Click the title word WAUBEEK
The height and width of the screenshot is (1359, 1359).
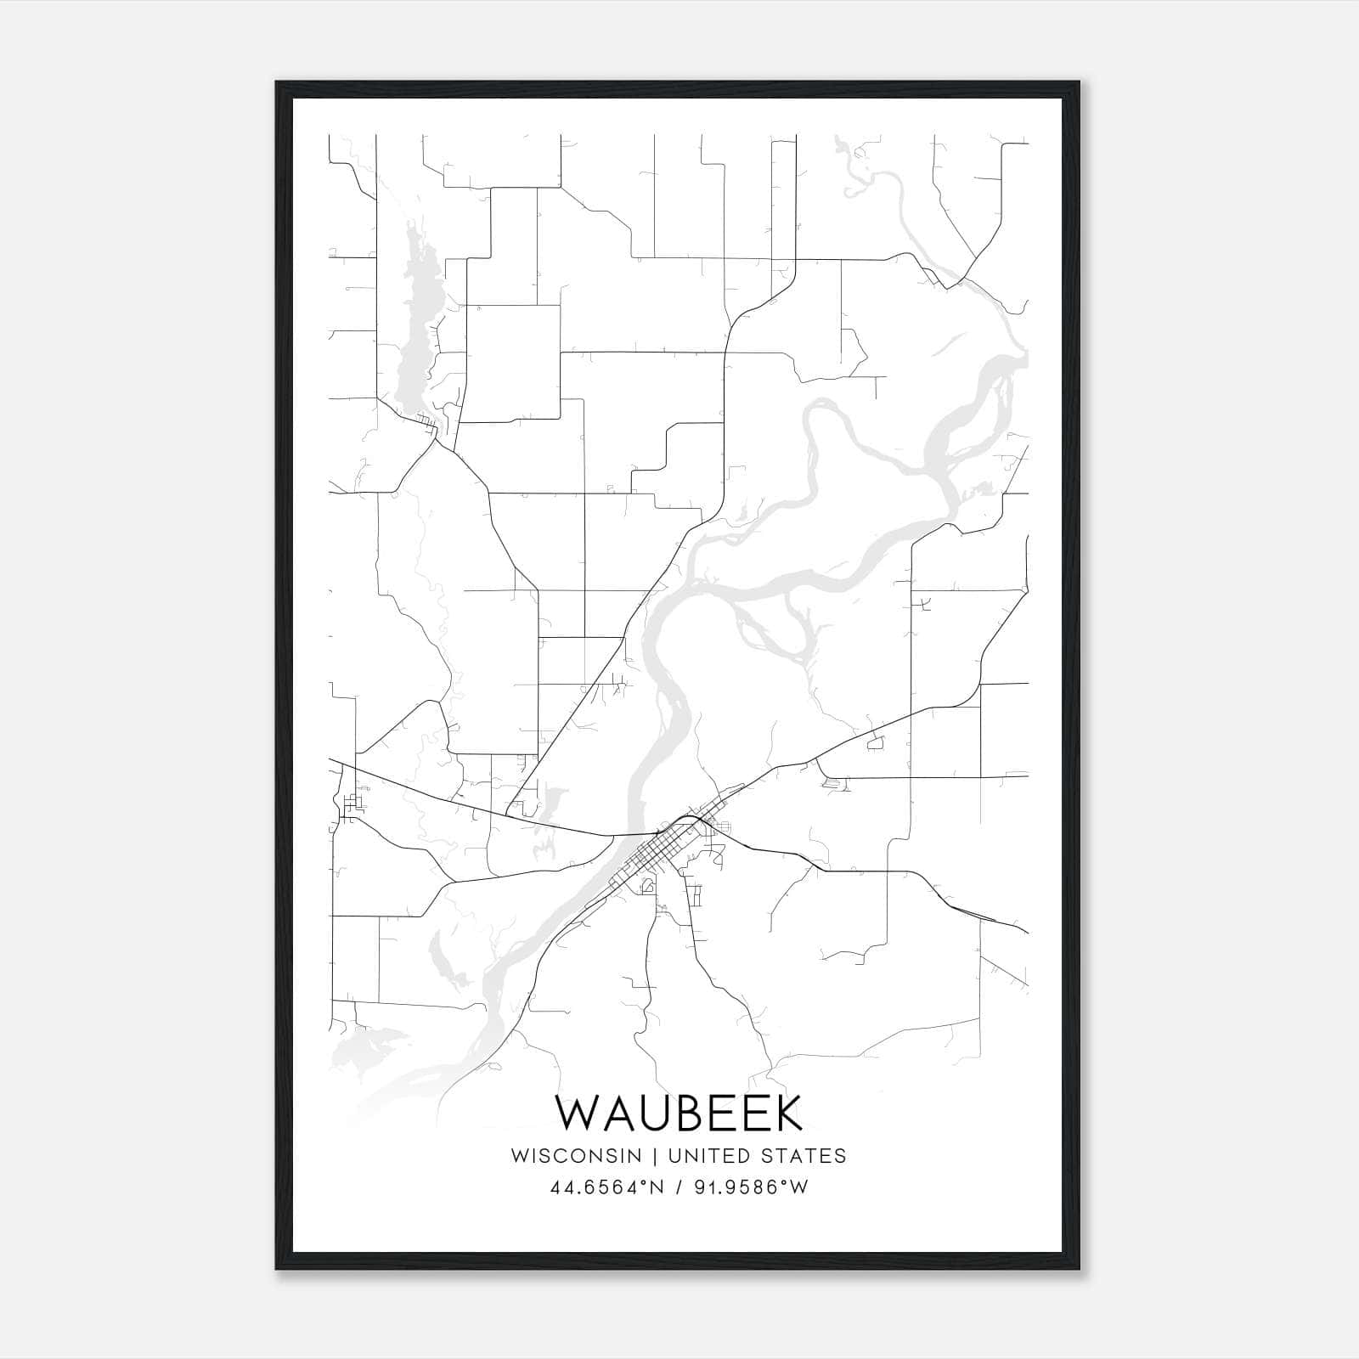(x=679, y=1114)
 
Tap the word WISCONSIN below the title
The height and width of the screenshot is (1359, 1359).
(x=576, y=1156)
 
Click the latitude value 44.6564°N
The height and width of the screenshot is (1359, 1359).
(x=606, y=1187)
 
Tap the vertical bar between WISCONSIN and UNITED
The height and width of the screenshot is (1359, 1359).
(x=655, y=1156)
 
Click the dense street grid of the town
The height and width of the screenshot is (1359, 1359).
(x=663, y=854)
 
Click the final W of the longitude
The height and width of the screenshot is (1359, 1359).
(x=798, y=1187)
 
